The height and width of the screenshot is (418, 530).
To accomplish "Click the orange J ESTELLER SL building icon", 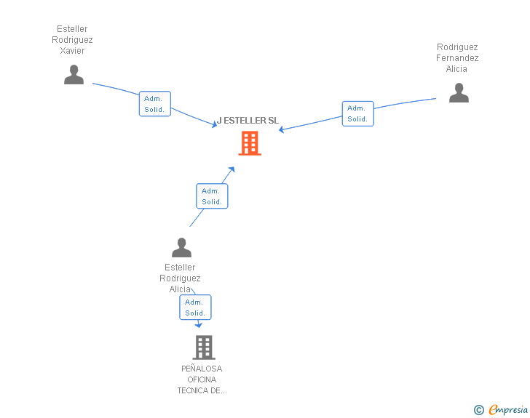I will (250, 143).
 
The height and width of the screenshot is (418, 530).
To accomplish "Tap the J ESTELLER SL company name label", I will (248, 121).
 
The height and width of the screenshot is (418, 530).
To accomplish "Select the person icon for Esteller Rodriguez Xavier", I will (74, 75).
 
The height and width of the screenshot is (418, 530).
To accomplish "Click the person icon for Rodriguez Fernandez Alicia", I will (459, 93).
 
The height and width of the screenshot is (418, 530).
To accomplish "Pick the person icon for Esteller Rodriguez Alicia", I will (181, 248).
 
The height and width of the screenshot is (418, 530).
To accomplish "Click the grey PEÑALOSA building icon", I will (204, 347).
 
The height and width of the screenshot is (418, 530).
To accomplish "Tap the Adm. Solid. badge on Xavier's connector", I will (154, 104).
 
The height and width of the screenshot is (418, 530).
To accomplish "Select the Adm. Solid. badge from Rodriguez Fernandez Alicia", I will (357, 113).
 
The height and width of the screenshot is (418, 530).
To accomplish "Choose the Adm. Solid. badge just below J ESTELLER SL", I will (212, 196).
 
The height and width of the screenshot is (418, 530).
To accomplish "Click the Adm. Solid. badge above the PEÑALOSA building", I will (195, 308).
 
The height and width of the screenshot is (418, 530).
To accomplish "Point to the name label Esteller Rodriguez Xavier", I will (72, 40).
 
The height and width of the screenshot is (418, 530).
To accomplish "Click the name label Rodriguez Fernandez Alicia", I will (457, 58).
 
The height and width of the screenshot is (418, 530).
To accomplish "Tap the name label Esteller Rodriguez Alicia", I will (180, 278).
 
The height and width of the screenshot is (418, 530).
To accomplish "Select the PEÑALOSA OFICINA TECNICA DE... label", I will (202, 379).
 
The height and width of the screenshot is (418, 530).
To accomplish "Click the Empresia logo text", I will (508, 409).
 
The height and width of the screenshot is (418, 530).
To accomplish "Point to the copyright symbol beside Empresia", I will (479, 410).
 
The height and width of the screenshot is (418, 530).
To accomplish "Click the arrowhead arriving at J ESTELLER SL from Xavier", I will (215, 125).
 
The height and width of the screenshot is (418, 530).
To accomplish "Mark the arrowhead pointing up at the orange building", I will (232, 169).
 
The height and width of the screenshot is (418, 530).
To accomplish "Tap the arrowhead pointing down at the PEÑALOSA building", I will (199, 325).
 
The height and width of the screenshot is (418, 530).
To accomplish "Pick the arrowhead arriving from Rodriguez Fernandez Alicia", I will (282, 130).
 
